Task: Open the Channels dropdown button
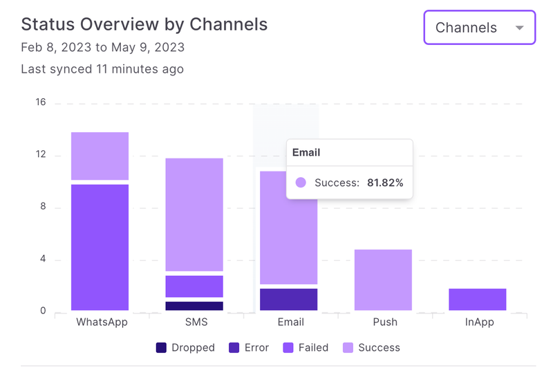pyautogui.click(x=479, y=28)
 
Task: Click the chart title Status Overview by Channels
pyautogui.click(x=144, y=24)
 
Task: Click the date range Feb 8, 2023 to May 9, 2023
pyautogui.click(x=102, y=48)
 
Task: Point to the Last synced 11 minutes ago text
pyautogui.click(x=102, y=69)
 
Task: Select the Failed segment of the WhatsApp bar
pyautogui.click(x=100, y=247)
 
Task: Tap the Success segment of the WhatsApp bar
pyautogui.click(x=100, y=156)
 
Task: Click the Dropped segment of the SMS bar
pyautogui.click(x=194, y=306)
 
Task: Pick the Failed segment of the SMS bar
pyautogui.click(x=194, y=286)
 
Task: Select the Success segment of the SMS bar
pyautogui.click(x=194, y=214)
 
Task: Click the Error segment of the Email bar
pyautogui.click(x=288, y=299)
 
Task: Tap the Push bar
pyautogui.click(x=383, y=279)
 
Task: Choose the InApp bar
pyautogui.click(x=477, y=300)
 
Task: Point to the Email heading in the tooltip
pyautogui.click(x=306, y=152)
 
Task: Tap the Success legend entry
pyautogui.click(x=372, y=347)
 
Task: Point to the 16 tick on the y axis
pyautogui.click(x=40, y=102)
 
